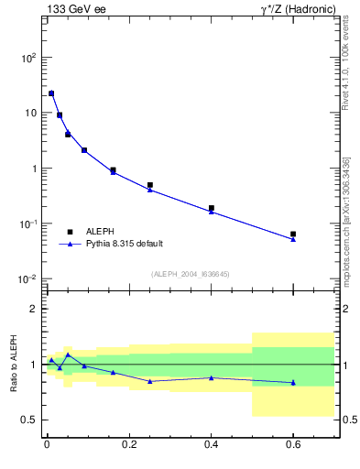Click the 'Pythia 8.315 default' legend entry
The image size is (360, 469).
point(123,244)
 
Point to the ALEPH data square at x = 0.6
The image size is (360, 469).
point(293,234)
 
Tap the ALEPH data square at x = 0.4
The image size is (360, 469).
point(211,208)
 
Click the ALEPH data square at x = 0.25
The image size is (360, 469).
point(150,185)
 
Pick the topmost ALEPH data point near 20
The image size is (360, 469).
point(51,93)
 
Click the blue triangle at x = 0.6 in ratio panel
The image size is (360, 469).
point(293,383)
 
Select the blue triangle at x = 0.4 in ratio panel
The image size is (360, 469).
point(211,377)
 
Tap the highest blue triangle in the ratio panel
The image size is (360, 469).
point(68,354)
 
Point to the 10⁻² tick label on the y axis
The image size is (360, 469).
point(28,279)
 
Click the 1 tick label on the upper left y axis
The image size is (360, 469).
point(34,169)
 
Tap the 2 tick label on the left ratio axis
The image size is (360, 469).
point(34,310)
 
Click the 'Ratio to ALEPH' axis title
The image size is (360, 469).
point(14,365)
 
